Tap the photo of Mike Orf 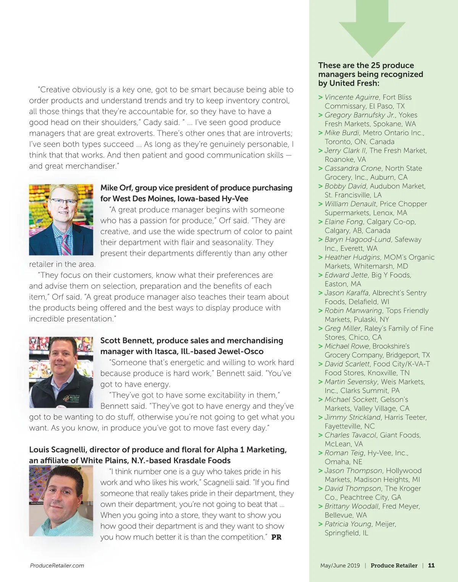click(x=61, y=220)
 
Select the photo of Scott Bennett click(x=61, y=372)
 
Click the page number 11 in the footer click(x=431, y=566)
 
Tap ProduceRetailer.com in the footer click(x=57, y=566)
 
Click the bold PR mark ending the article click(x=276, y=537)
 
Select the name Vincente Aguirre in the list click(x=352, y=97)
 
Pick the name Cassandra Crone click(x=353, y=168)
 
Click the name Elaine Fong click(x=343, y=222)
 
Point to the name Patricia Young click(x=348, y=524)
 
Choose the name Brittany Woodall click(x=352, y=506)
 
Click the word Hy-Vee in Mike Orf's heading click(x=235, y=199)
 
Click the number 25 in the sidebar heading click(x=375, y=65)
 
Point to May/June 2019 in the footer click(x=340, y=566)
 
